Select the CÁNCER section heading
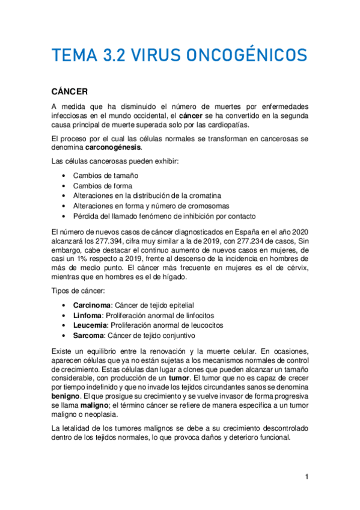coord(70,91)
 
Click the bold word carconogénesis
coord(113,147)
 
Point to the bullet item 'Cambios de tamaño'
coord(105,176)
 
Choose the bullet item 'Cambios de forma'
coord(103,186)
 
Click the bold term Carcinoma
coord(92,306)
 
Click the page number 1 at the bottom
coord(307,478)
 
